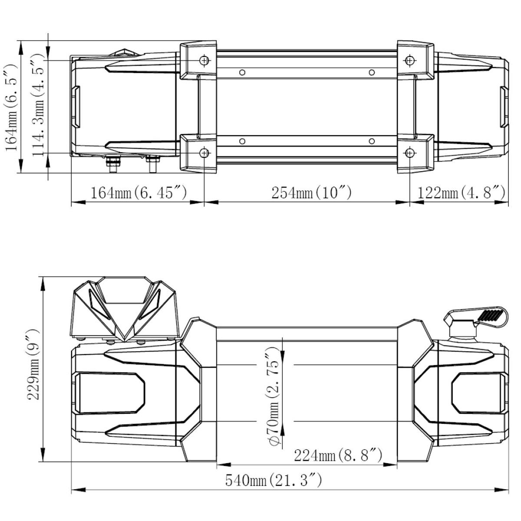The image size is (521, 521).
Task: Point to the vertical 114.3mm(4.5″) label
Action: click(x=38, y=105)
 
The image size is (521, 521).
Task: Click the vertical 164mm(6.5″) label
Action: click(x=11, y=107)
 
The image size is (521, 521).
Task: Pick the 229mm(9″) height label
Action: click(x=33, y=364)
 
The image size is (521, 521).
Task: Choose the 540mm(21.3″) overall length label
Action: click(x=274, y=480)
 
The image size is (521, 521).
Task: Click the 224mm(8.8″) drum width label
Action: click(x=338, y=455)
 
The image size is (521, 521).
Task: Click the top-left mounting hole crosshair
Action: click(x=204, y=60)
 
